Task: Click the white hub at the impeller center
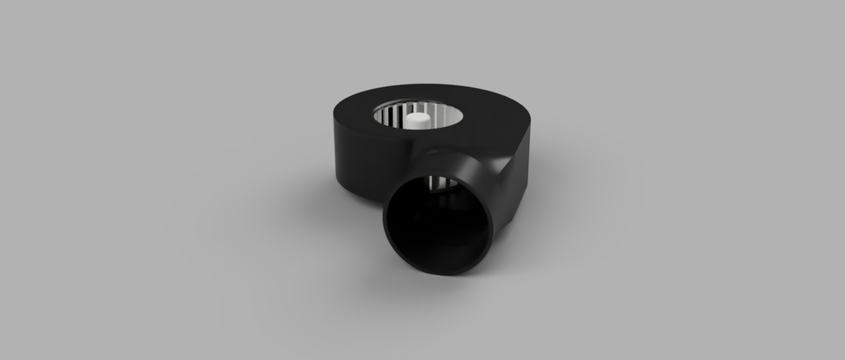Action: pyautogui.click(x=419, y=120)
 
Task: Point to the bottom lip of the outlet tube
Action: pyautogui.click(x=440, y=270)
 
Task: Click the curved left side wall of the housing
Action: pyautogui.click(x=352, y=158)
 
